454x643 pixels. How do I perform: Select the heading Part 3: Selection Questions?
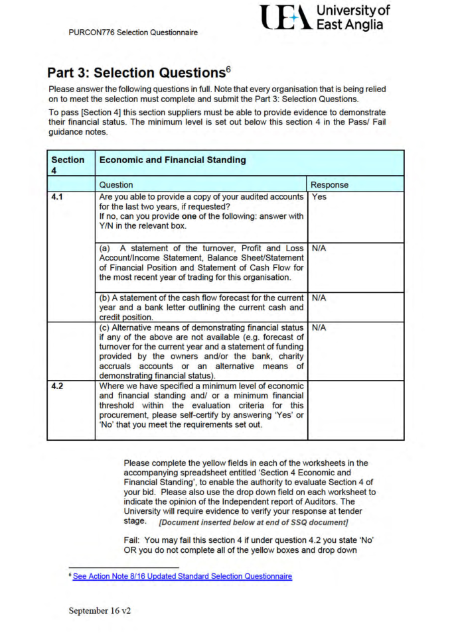(x=133, y=72)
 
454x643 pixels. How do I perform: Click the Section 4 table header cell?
(x=70, y=163)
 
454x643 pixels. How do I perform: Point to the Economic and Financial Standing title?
(x=172, y=160)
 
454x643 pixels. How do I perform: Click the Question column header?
(x=116, y=185)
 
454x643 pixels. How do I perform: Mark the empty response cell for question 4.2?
(x=355, y=411)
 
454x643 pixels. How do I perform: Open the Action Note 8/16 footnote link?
(x=183, y=576)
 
